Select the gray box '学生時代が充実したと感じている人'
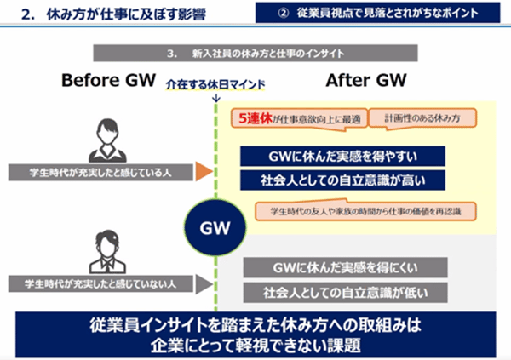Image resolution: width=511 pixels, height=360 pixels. [100, 172]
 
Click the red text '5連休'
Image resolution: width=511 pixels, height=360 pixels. [255, 118]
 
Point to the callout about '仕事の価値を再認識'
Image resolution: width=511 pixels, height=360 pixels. [365, 209]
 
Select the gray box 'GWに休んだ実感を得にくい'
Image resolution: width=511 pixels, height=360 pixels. [344, 268]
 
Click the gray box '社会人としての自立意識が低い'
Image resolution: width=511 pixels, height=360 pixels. [344, 292]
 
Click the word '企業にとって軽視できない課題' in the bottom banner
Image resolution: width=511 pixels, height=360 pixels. [255, 345]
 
